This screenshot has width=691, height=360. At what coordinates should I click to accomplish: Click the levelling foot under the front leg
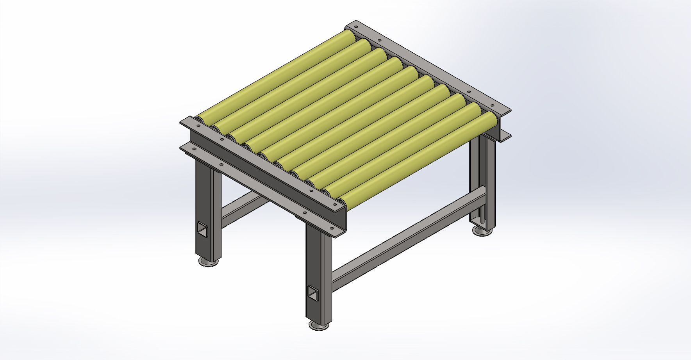coord(319,325)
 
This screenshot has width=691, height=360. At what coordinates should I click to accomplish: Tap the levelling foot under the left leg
coord(208,261)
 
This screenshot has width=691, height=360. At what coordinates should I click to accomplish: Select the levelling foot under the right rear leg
coord(482,231)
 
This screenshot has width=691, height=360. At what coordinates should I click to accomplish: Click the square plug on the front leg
coord(313,293)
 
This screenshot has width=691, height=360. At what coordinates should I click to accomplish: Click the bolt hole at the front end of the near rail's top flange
coord(335,204)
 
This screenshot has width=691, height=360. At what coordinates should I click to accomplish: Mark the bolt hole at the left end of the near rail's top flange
coord(198,126)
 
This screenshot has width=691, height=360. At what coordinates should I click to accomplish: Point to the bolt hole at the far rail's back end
coord(356,27)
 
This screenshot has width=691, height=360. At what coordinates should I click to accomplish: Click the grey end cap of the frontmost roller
coord(341,201)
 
